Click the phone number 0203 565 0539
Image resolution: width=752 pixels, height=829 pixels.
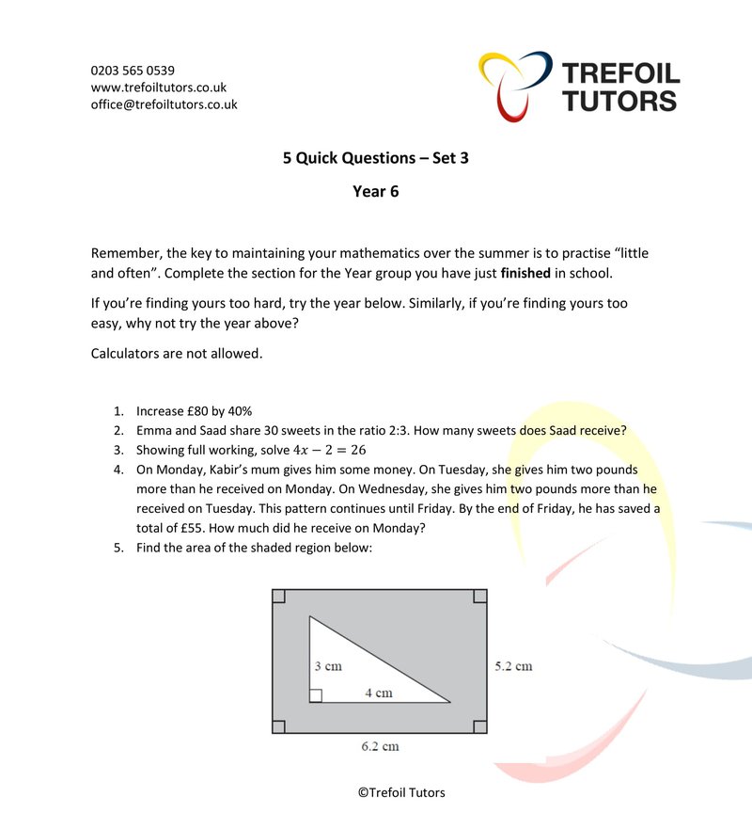tap(133, 71)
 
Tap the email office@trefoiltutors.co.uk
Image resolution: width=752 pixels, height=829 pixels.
tap(164, 104)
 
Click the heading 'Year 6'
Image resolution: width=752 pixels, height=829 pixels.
tap(375, 192)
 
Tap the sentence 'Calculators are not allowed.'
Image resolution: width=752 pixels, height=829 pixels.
tap(177, 354)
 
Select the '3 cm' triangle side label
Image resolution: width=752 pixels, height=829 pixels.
tap(327, 666)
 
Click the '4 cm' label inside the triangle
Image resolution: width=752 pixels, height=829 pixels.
tap(378, 693)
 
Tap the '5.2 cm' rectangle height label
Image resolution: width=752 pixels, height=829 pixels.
tap(513, 666)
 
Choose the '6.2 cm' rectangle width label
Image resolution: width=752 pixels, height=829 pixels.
tap(380, 746)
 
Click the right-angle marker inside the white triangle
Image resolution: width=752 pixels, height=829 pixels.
tap(316, 695)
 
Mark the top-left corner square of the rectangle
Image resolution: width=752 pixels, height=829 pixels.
tap(278, 596)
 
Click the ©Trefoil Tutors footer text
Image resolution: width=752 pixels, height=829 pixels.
tap(401, 792)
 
